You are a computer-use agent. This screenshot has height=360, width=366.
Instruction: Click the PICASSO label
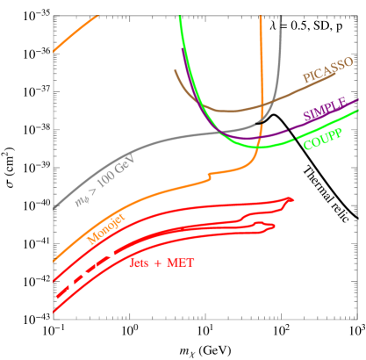click(327, 71)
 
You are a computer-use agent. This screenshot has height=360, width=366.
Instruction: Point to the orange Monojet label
click(105, 228)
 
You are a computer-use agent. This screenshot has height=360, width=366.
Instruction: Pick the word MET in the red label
click(181, 263)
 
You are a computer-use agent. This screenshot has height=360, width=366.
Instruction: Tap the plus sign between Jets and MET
click(160, 263)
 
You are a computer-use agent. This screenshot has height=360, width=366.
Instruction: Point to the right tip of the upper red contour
click(291, 200)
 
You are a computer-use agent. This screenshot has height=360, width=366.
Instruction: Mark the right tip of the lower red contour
click(273, 226)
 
